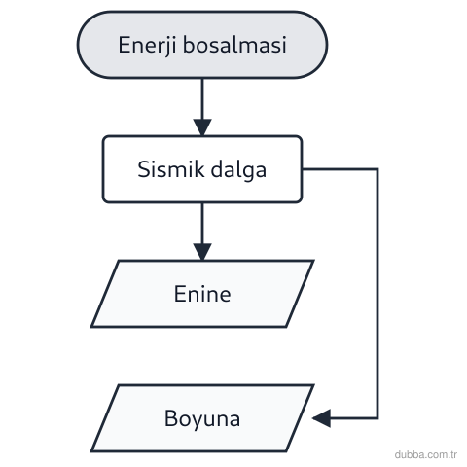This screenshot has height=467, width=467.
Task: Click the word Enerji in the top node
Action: click(x=147, y=45)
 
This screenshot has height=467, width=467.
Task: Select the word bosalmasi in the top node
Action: click(x=234, y=44)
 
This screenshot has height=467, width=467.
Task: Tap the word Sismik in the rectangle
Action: click(x=170, y=169)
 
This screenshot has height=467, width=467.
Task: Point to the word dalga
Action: click(x=238, y=170)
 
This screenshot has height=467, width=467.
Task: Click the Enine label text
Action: click(x=202, y=294)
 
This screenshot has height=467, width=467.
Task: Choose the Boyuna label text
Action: click(x=202, y=418)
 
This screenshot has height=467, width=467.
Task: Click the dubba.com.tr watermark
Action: click(x=426, y=454)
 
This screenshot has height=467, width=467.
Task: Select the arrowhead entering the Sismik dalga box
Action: click(x=202, y=127)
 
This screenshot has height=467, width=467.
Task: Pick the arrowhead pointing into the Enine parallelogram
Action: click(x=202, y=252)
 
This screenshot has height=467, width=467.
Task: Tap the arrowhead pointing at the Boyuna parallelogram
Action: click(x=322, y=418)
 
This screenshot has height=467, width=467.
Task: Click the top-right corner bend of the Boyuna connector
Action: click(x=377, y=169)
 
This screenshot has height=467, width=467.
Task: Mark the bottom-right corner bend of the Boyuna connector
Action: click(x=377, y=418)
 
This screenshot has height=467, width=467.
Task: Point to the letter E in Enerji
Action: click(x=125, y=45)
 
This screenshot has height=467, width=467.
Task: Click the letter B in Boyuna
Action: click(x=171, y=418)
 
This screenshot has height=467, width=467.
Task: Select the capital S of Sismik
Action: click(x=143, y=169)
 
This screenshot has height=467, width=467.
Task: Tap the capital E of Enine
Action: click(x=180, y=294)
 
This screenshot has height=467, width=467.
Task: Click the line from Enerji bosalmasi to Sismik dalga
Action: click(x=202, y=99)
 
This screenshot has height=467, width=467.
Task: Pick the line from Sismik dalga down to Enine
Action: click(x=202, y=224)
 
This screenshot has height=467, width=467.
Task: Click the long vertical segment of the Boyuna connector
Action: click(x=377, y=294)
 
